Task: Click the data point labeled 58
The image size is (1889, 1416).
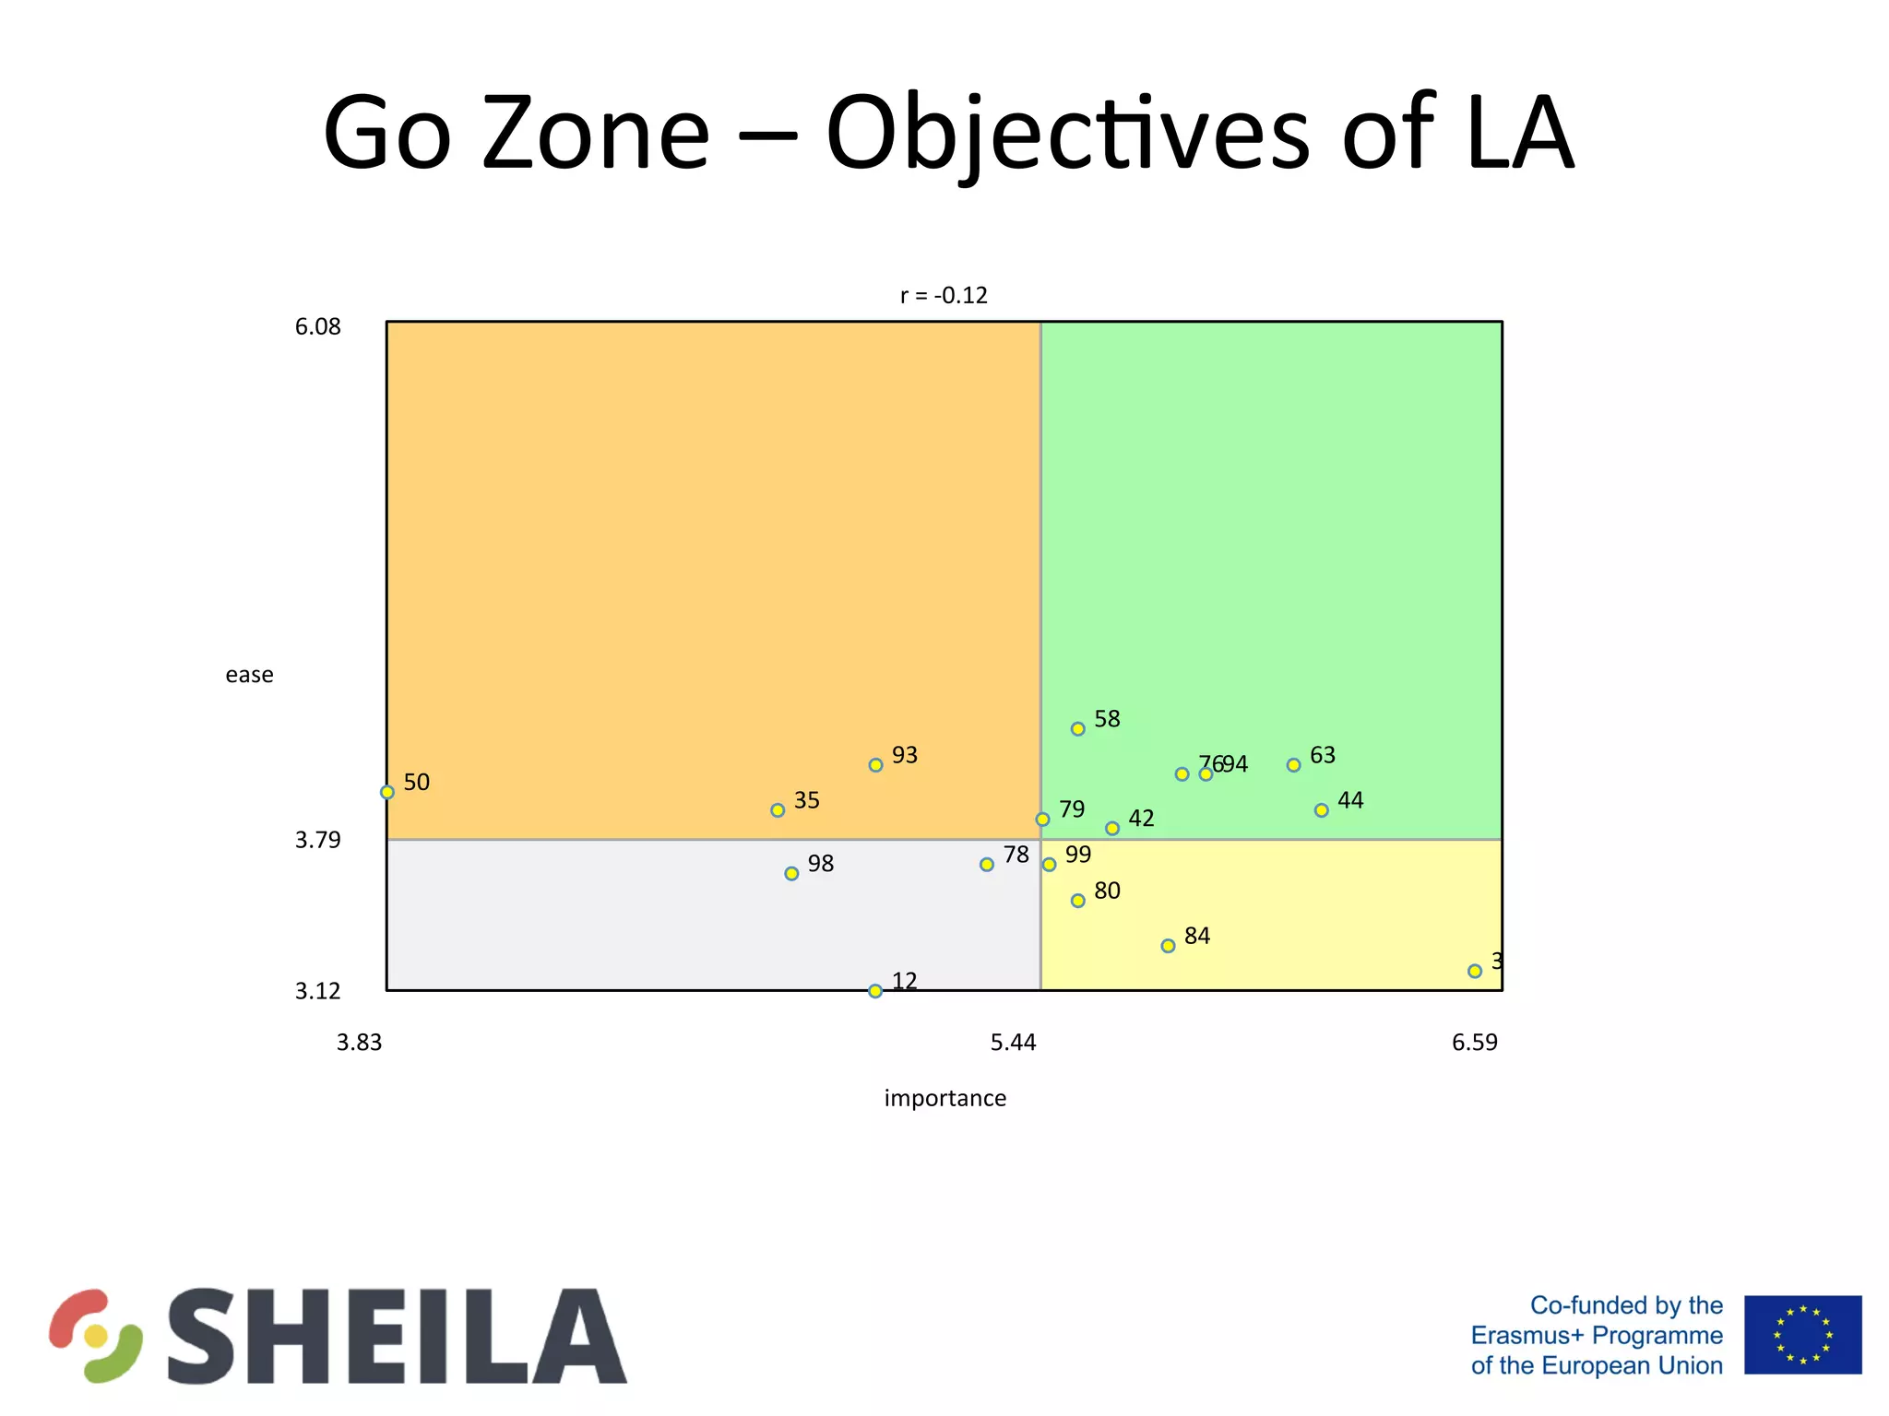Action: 1077,729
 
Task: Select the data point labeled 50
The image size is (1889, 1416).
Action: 387,792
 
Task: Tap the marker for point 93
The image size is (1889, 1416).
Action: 875,765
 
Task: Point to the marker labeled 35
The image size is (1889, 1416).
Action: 778,810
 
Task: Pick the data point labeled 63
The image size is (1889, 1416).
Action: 1293,765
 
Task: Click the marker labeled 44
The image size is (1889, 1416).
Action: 1321,810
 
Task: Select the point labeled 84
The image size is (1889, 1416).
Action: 1168,946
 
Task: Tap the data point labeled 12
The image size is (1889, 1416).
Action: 875,991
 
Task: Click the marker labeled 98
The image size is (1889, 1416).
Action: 791,873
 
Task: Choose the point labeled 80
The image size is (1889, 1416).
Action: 1077,901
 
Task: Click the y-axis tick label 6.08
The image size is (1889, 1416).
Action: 317,327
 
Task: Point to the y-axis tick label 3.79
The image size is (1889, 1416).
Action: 317,840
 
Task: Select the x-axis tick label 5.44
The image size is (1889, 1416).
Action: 1013,1043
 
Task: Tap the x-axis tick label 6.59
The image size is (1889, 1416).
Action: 1474,1043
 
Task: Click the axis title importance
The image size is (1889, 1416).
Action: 944,1098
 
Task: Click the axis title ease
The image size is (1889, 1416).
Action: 249,675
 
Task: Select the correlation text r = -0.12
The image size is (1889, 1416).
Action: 943,296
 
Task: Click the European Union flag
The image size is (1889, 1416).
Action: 1802,1334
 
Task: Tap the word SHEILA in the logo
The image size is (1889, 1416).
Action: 397,1336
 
